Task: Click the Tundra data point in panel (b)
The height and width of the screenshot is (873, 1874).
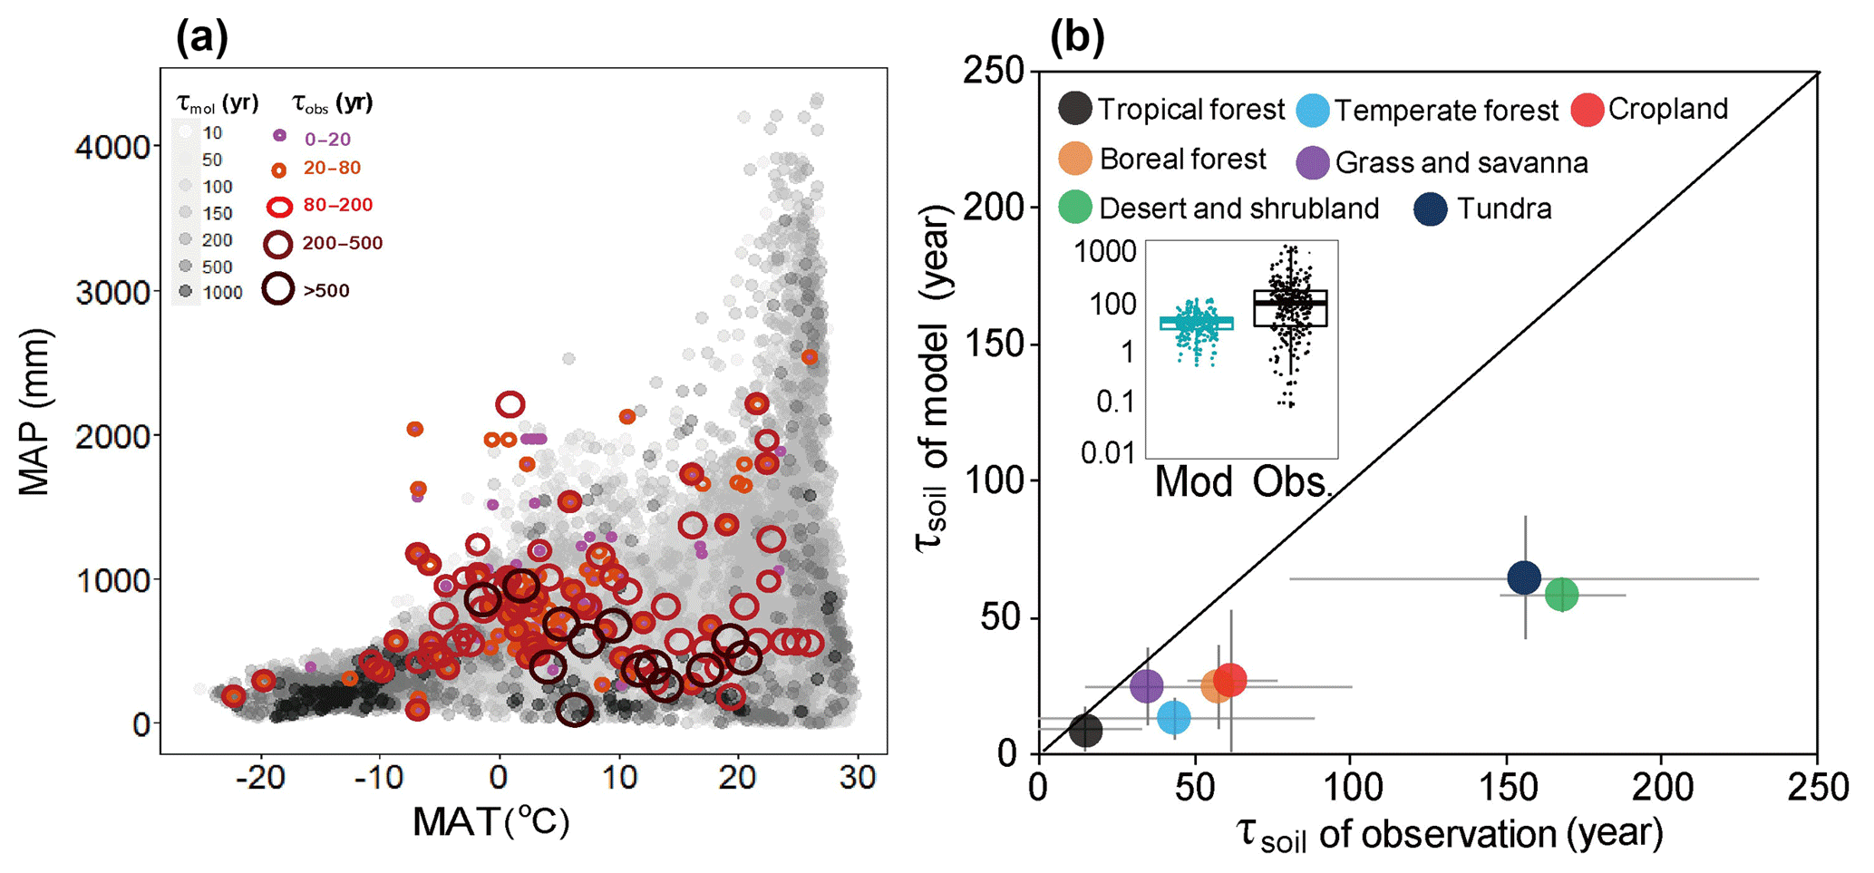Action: [1524, 577]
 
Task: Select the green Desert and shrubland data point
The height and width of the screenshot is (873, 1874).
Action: [1561, 595]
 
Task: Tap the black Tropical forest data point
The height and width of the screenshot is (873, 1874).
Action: [1085, 730]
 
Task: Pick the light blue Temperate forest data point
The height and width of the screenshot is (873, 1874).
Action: [1174, 718]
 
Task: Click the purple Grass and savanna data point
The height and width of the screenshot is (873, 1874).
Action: [1147, 686]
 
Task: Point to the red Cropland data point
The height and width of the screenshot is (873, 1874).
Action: [1230, 679]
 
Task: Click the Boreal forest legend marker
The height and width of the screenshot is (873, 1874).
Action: [1075, 159]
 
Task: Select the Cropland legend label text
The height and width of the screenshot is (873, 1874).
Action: [1668, 109]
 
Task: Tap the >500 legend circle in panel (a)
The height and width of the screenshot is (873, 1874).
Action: [278, 289]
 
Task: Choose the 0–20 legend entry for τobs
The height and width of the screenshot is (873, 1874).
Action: [280, 136]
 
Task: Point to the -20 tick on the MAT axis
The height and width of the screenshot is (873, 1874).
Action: [261, 777]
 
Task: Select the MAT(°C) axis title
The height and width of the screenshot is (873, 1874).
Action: [490, 822]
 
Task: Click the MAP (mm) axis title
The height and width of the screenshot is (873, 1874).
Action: [34, 412]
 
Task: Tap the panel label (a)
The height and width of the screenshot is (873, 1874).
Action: [201, 38]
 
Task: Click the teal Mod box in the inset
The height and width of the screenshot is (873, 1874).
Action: [1196, 323]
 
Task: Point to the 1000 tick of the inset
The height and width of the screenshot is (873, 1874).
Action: [1105, 251]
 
